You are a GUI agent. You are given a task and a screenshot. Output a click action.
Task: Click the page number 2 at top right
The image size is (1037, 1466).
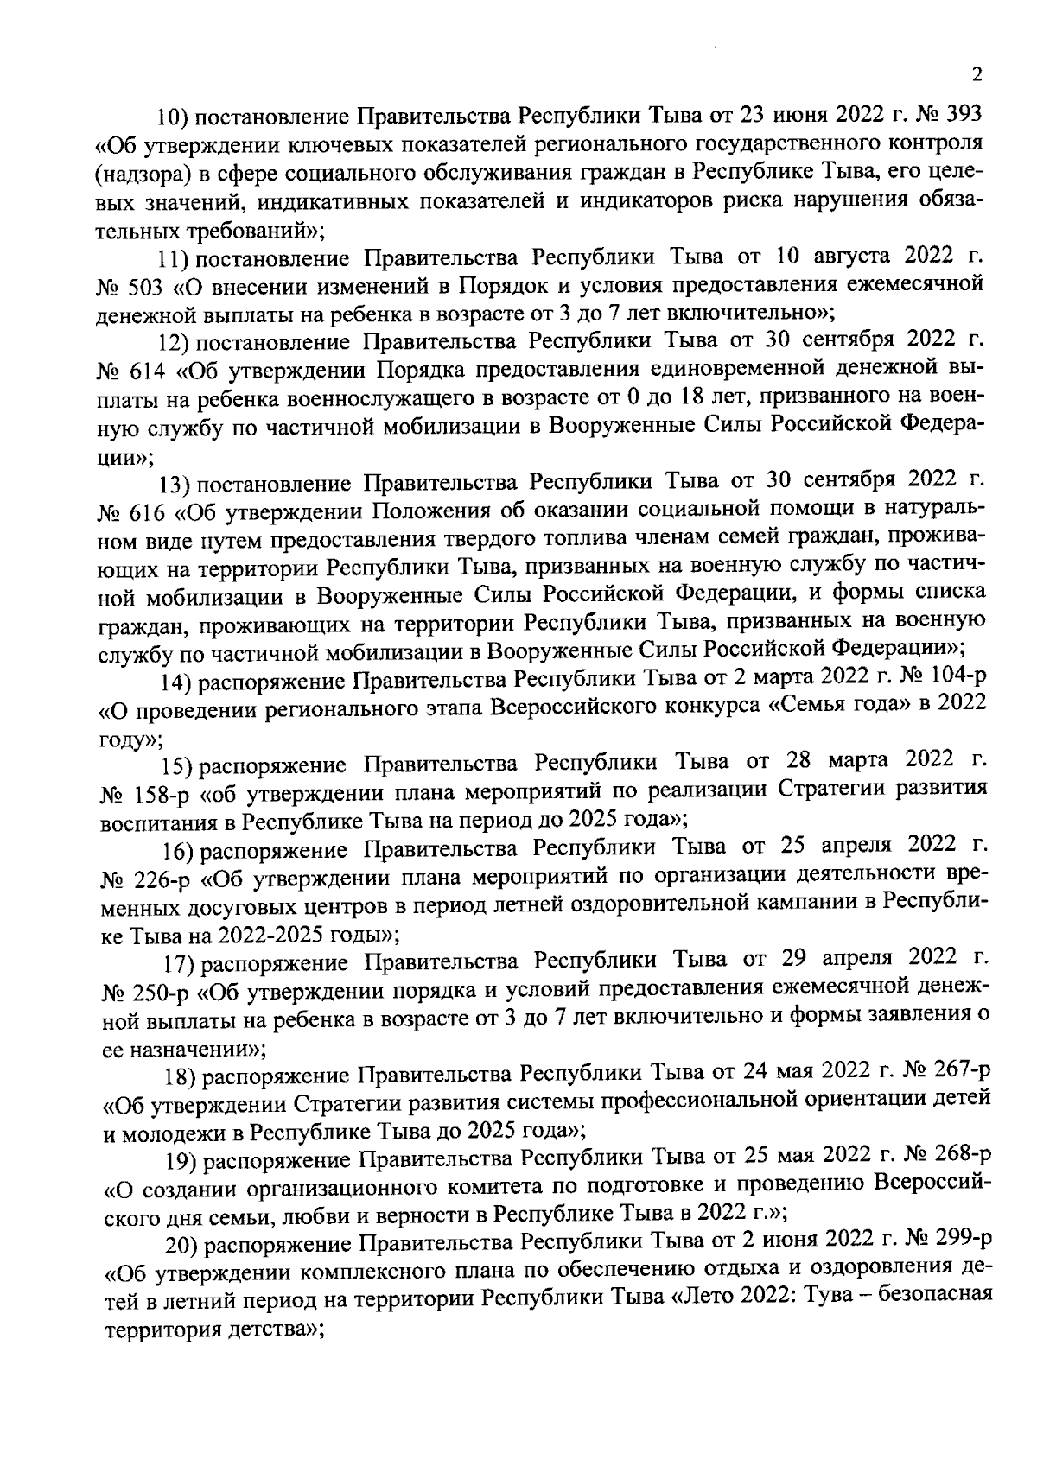point(977,76)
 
